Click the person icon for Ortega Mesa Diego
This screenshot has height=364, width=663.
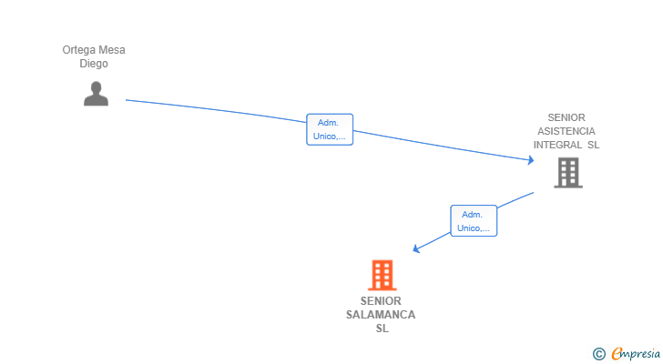pos(96,94)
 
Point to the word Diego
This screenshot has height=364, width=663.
pos(94,64)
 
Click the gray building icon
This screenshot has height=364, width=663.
pos(568,173)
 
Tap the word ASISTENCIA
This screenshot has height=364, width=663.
pos(566,131)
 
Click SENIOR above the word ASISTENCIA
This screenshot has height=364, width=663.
pos(566,117)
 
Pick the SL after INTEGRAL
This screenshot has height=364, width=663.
pos(593,145)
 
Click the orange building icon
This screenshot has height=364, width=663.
pos(382,275)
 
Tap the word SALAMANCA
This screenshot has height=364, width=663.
pos(381,315)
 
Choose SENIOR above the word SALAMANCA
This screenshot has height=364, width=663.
pos(381,301)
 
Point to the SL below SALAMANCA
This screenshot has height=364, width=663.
pos(382,329)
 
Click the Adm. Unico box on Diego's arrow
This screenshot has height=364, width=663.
pos(330,129)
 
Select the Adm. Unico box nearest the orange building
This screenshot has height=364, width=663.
pos(474,221)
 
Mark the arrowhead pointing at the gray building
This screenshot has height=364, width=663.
pos(531,161)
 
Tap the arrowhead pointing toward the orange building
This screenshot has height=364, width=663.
pos(416,248)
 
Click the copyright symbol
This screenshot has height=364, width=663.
pos(598,354)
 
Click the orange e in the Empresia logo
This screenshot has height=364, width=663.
pos(617,354)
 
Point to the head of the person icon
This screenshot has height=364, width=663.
pos(96,86)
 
